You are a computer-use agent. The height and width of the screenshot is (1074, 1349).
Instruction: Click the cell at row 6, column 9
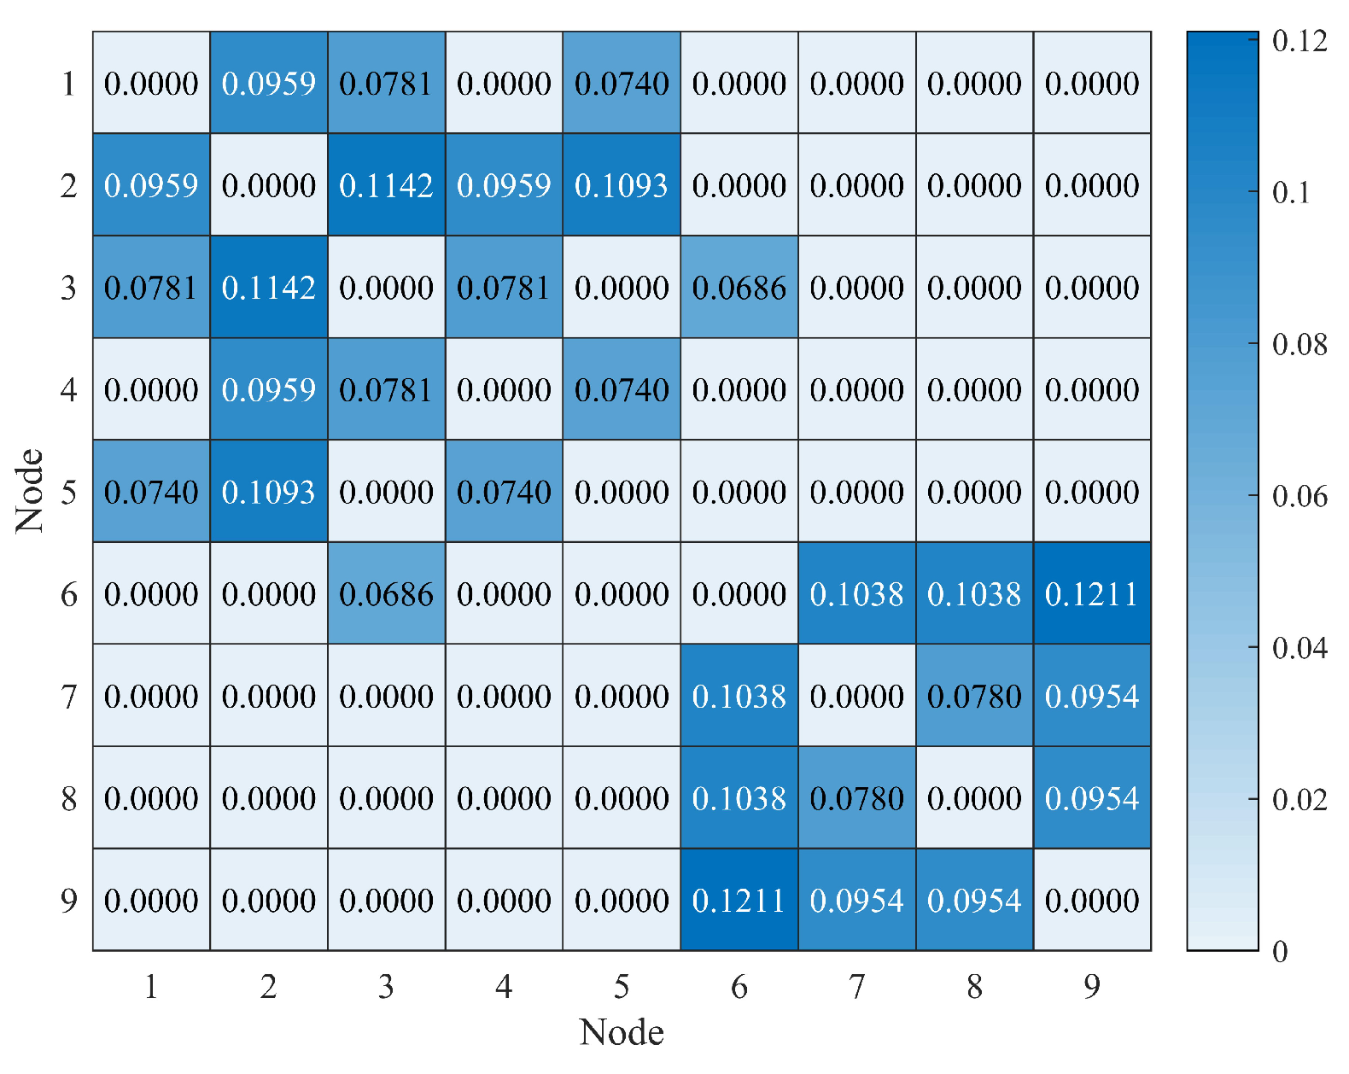(x=1092, y=593)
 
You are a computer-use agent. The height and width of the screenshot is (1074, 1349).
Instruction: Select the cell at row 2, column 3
(x=386, y=184)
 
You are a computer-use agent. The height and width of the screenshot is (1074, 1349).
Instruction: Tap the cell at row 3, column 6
(x=739, y=287)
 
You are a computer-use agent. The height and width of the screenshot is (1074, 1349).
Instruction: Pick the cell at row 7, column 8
(x=974, y=696)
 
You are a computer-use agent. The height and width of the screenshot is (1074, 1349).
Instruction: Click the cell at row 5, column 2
(x=269, y=491)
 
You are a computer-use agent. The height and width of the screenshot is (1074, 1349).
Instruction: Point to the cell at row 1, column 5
(x=622, y=83)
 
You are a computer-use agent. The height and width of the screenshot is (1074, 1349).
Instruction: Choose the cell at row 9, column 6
(x=739, y=900)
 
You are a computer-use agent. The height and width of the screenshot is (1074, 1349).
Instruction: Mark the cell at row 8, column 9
(x=1092, y=797)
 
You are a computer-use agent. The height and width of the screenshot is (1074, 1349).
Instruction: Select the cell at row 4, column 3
(x=386, y=389)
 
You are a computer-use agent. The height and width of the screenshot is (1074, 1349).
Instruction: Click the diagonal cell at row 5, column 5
(x=622, y=491)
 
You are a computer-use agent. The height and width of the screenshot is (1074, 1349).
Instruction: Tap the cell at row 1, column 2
(x=269, y=83)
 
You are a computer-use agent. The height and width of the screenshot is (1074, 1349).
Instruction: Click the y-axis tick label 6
(x=69, y=594)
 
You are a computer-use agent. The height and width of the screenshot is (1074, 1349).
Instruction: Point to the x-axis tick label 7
(x=857, y=987)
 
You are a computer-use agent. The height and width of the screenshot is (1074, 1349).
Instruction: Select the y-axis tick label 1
(x=69, y=84)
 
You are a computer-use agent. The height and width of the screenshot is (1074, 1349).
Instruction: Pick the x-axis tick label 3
(x=386, y=987)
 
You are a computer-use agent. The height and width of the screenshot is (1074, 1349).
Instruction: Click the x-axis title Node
(x=622, y=1032)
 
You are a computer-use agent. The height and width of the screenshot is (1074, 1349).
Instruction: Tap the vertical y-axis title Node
(x=30, y=491)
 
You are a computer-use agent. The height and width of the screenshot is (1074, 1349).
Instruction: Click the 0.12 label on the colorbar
(x=1299, y=40)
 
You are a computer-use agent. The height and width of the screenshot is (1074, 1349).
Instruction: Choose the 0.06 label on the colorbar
(x=1299, y=496)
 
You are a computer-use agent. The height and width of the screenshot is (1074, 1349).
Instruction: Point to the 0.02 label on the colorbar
(x=1299, y=800)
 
